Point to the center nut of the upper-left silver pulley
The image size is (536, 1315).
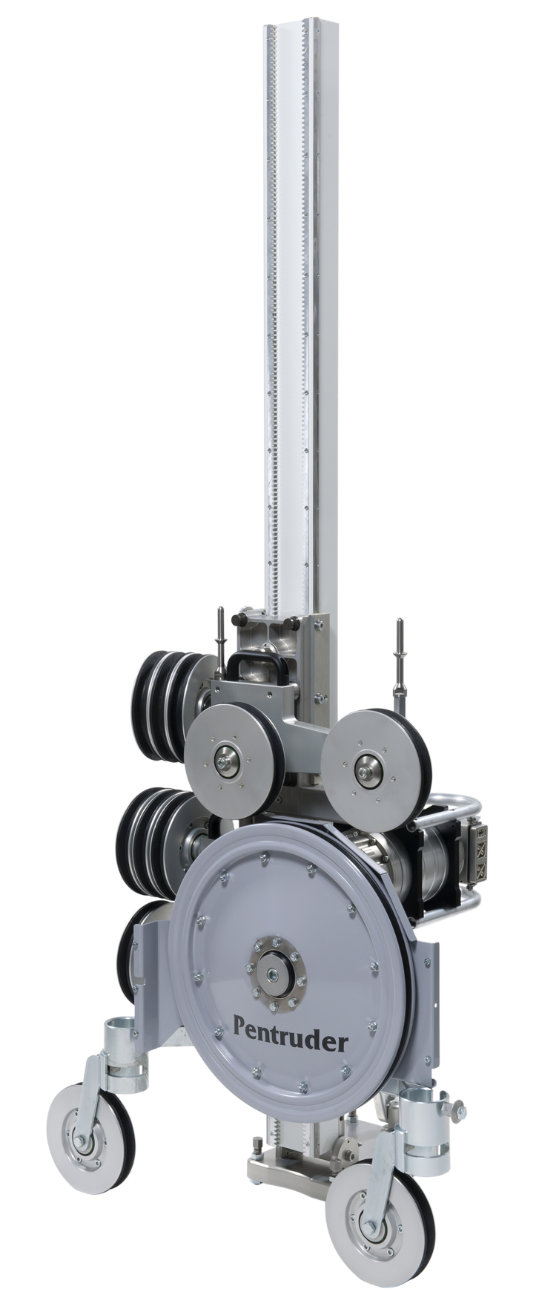224,759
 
